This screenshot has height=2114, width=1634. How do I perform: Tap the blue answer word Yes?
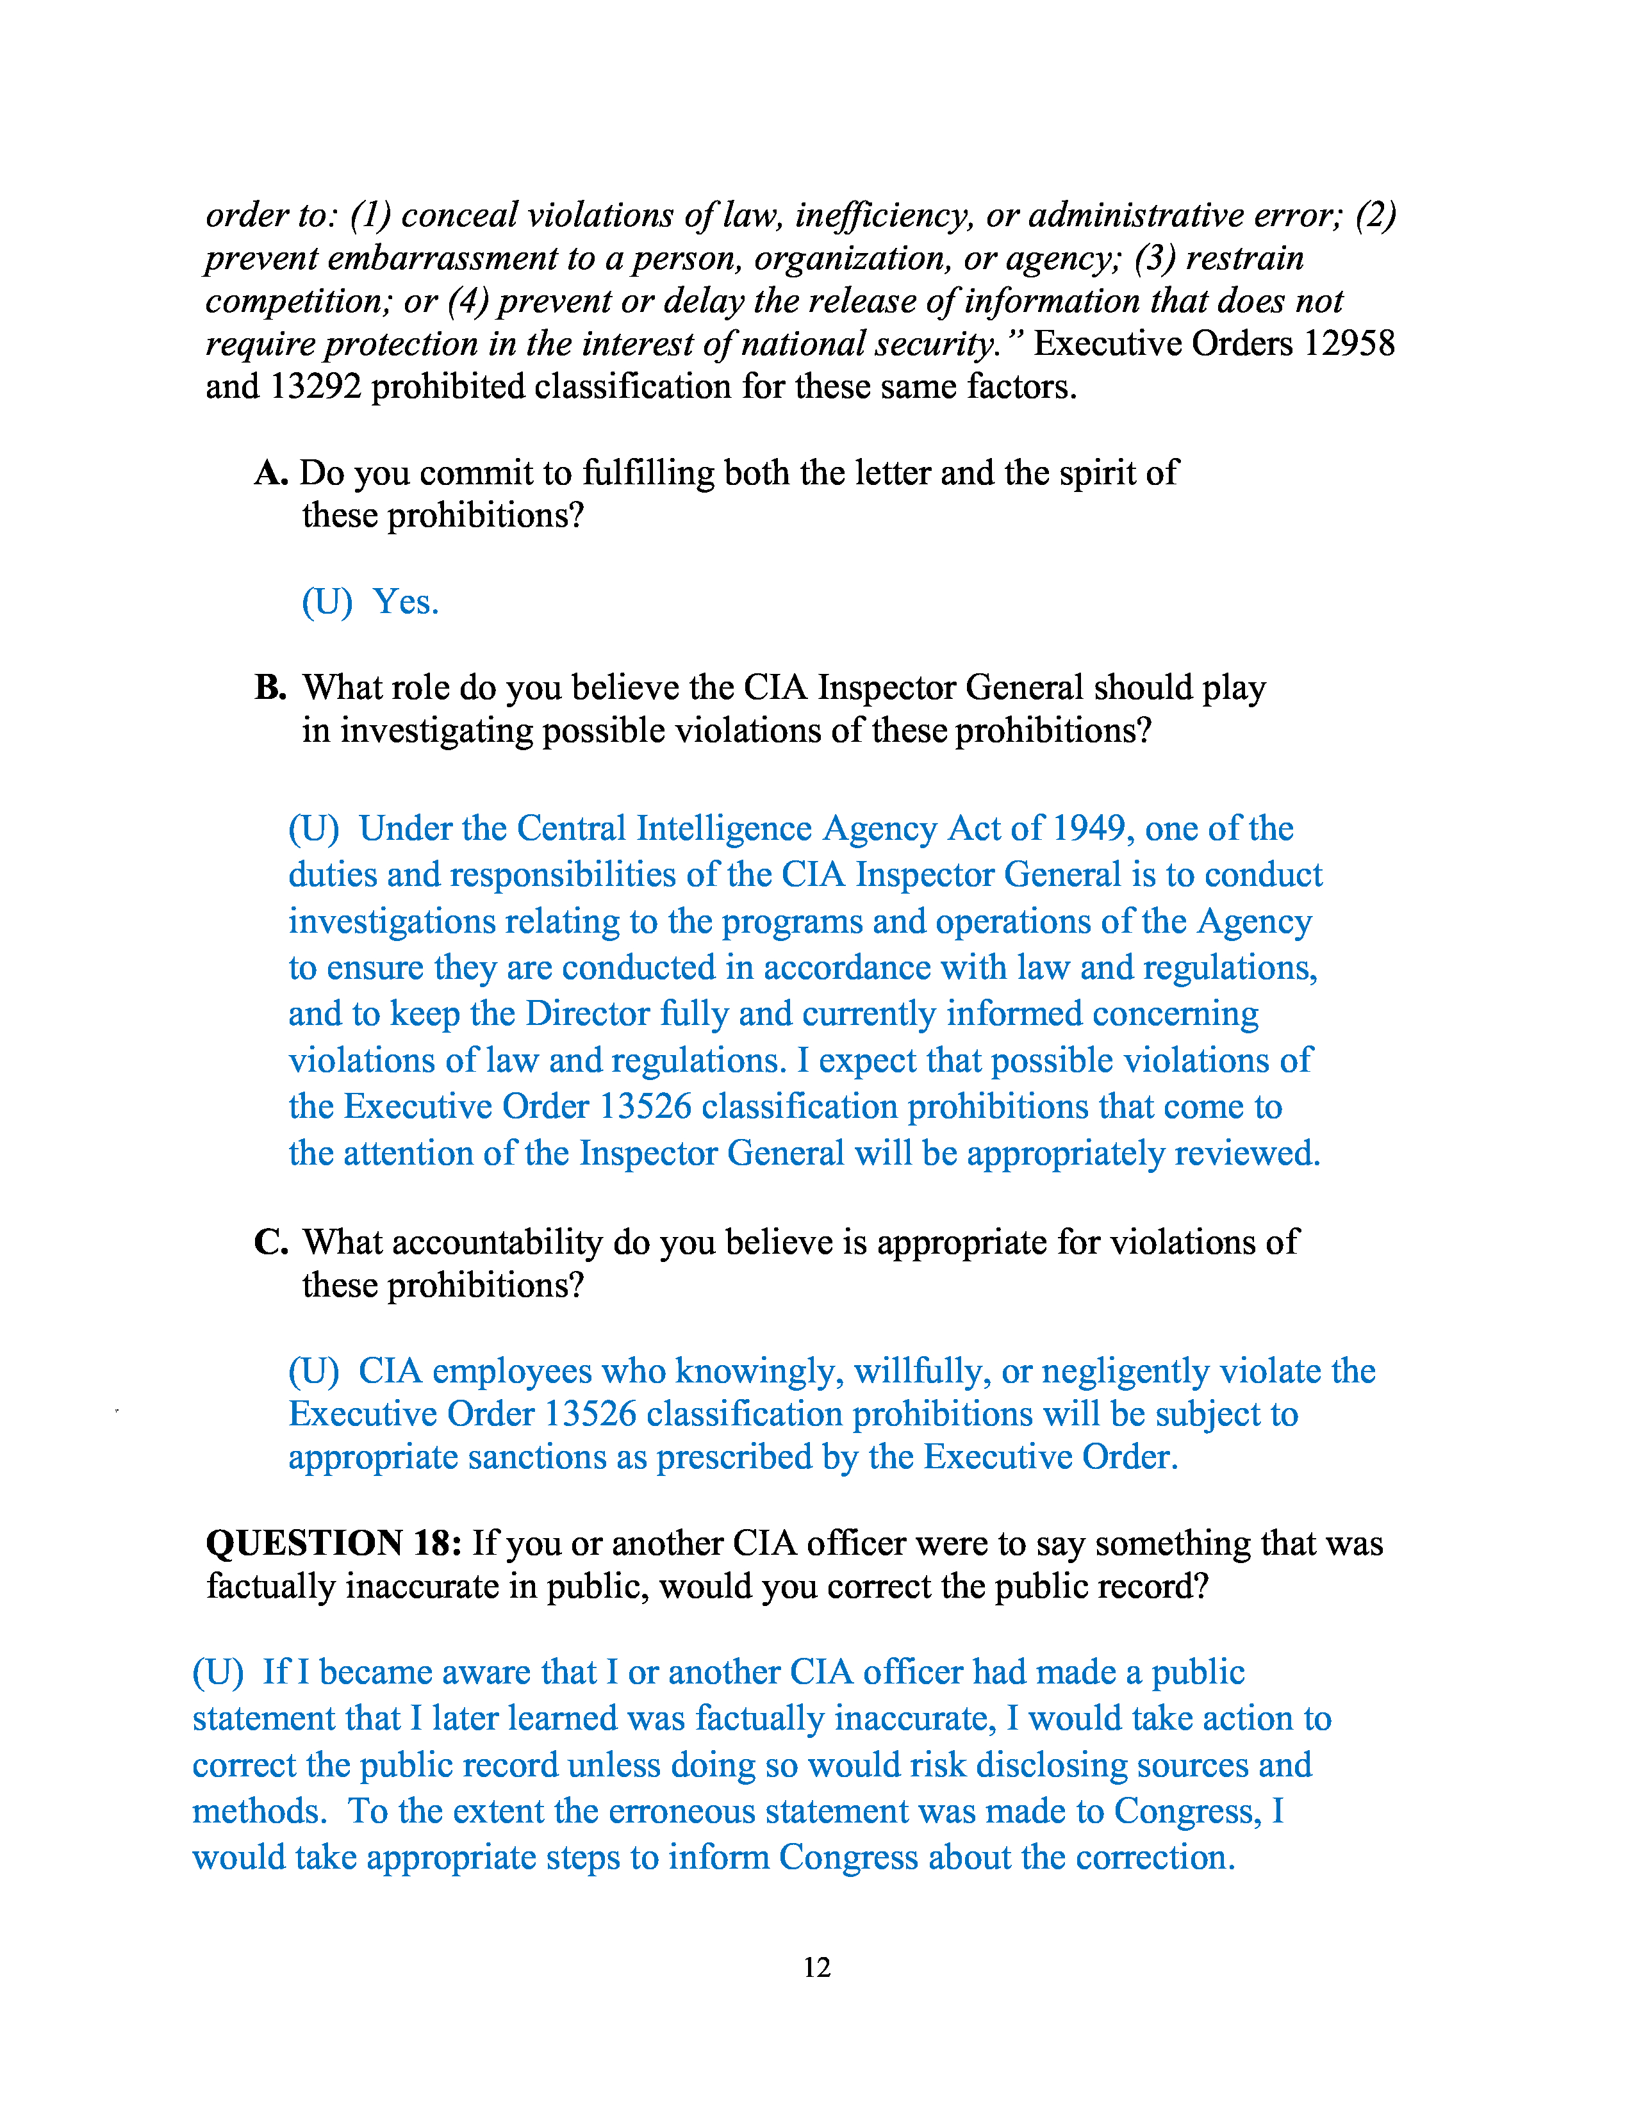coord(406,602)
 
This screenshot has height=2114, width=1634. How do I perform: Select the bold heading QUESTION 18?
coord(334,1544)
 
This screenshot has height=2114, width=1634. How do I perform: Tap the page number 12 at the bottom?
coord(817,1968)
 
